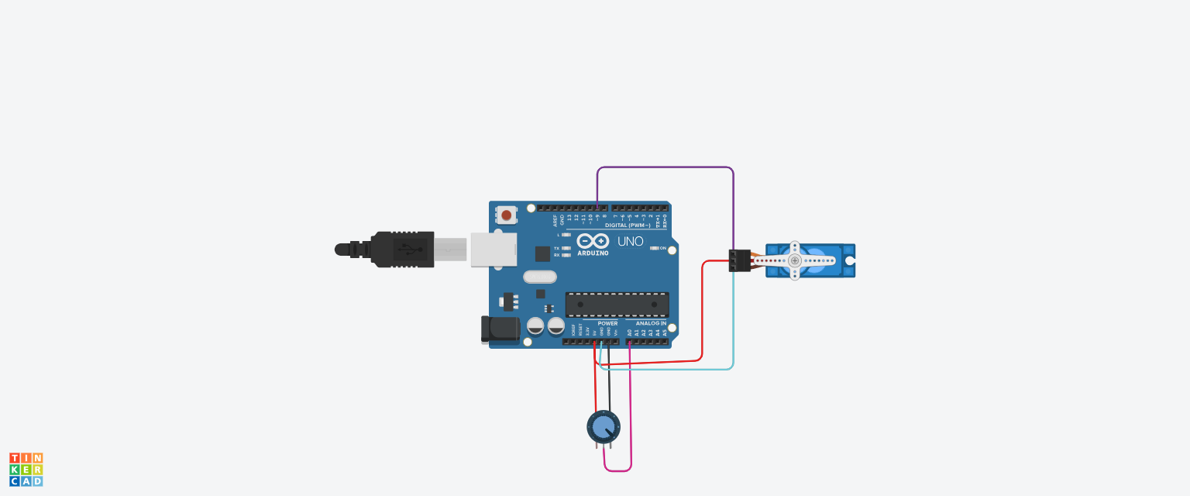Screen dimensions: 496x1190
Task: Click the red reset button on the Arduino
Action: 506,215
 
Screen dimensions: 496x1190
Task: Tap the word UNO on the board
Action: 630,241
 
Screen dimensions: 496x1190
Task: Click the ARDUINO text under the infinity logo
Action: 593,253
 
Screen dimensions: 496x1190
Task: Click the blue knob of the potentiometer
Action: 604,426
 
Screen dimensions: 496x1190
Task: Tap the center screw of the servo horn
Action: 794,260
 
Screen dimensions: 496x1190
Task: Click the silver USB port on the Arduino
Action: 494,250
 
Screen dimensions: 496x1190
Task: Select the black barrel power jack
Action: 500,329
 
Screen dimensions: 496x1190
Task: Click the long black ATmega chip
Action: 617,305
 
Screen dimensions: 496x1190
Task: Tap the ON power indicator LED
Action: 655,248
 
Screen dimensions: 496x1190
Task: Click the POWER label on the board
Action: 607,323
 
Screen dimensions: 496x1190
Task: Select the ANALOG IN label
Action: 651,323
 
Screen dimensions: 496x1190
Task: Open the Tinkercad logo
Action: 26,470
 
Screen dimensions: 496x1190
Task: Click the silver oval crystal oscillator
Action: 540,277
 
